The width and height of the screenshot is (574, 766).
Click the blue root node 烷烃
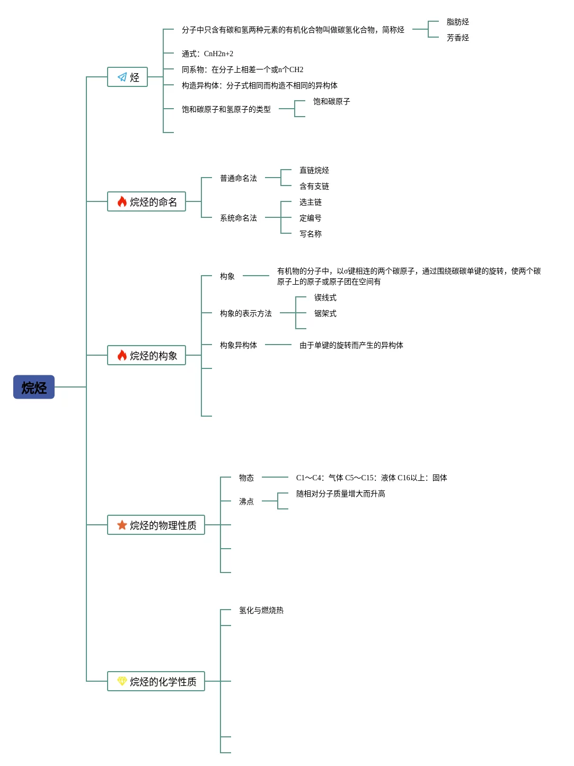coord(34,388)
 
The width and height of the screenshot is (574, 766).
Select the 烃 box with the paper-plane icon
coord(128,77)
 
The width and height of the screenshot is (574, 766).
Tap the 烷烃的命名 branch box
coord(147,202)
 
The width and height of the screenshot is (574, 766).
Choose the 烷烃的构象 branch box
coord(147,356)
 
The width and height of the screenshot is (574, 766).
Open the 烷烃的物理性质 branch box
coord(156,525)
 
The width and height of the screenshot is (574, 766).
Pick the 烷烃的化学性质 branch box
coord(156,682)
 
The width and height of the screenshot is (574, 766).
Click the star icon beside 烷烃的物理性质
coord(122,525)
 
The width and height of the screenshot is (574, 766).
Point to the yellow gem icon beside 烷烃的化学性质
coord(122,681)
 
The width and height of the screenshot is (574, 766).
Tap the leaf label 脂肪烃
coord(457,22)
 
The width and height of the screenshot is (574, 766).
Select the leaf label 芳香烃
coord(457,38)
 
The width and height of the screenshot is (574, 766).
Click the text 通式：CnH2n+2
coord(207,54)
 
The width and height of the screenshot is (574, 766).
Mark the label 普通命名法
coord(238,179)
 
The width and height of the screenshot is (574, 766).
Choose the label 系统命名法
coord(238,218)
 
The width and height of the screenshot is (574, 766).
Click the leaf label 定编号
coord(310,218)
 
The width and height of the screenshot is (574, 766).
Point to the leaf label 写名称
coord(310,234)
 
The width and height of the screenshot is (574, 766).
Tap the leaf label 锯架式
coord(325,314)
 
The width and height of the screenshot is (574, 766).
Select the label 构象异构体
coord(238,346)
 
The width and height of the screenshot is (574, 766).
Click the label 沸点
coord(246,501)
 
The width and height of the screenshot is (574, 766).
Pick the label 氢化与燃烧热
coord(261,611)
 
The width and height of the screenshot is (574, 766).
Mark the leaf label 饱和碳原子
coord(331,102)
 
